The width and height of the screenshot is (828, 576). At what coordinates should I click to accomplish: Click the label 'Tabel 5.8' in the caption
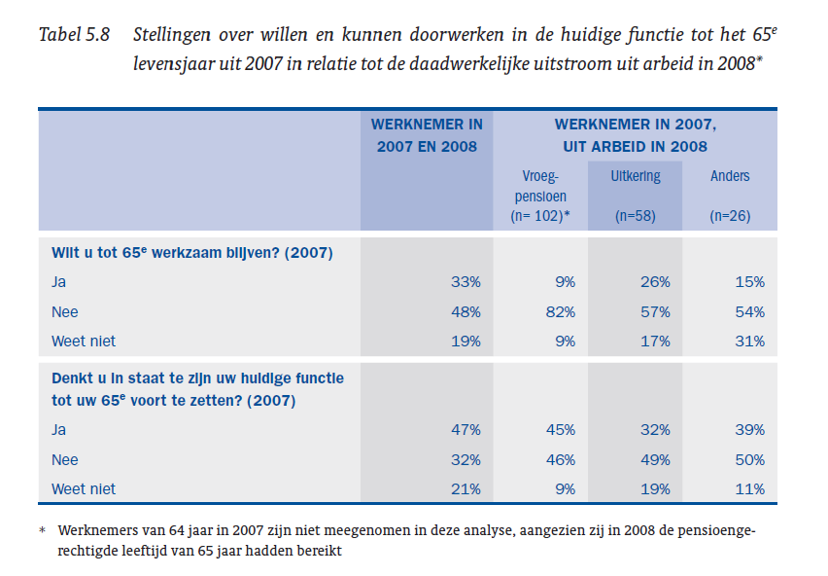coord(73,36)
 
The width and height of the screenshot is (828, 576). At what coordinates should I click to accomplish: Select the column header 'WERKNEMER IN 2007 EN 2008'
coord(427,135)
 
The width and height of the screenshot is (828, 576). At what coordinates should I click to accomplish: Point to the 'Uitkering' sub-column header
coord(635,176)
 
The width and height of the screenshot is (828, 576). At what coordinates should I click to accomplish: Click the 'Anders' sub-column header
coord(730,176)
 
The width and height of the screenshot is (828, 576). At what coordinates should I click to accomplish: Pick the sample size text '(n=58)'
coord(635,216)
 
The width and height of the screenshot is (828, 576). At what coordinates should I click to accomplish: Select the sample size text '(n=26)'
coord(730,216)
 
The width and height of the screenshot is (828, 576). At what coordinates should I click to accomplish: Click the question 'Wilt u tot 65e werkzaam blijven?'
coord(191,253)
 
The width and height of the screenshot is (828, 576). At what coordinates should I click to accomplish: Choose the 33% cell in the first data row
coord(465,282)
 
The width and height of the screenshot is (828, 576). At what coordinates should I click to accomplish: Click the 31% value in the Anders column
coord(749,342)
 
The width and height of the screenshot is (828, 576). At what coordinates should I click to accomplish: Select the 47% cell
coord(465,430)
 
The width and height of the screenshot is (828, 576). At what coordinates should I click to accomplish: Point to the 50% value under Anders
coord(749,459)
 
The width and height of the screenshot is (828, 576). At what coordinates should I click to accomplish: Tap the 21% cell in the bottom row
coord(465,489)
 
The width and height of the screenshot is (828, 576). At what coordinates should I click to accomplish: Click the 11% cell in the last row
coord(749,489)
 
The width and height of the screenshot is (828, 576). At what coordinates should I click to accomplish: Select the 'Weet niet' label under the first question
coord(84,342)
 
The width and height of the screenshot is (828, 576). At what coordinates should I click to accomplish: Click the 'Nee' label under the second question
coord(65,459)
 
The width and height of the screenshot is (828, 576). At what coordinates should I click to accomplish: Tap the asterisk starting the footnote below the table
coord(42,532)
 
